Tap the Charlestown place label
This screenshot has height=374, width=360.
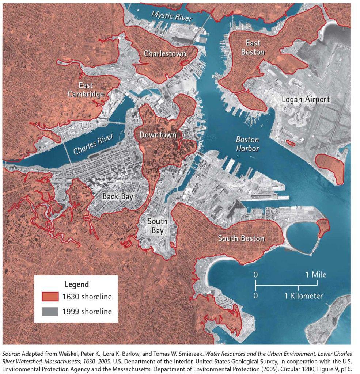pyautogui.click(x=165, y=54)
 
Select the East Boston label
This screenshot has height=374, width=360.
pyautogui.click(x=253, y=48)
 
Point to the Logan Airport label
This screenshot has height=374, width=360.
pyautogui.click(x=306, y=99)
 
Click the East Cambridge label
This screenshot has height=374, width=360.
pyautogui.click(x=86, y=90)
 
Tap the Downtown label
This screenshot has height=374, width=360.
pyautogui.click(x=158, y=135)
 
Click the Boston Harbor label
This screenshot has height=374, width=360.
pyautogui.click(x=247, y=144)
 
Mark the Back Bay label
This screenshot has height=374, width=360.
pyautogui.click(x=117, y=196)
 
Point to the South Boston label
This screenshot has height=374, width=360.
pyautogui.click(x=241, y=238)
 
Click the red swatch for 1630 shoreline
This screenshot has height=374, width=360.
pyautogui.click(x=50, y=297)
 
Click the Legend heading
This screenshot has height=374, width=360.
pyautogui.click(x=76, y=284)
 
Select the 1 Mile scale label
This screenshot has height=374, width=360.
pyautogui.click(x=317, y=275)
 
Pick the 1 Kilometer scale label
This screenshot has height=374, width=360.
pyautogui.click(x=303, y=295)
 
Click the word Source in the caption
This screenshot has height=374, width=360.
pyautogui.click(x=11, y=354)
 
